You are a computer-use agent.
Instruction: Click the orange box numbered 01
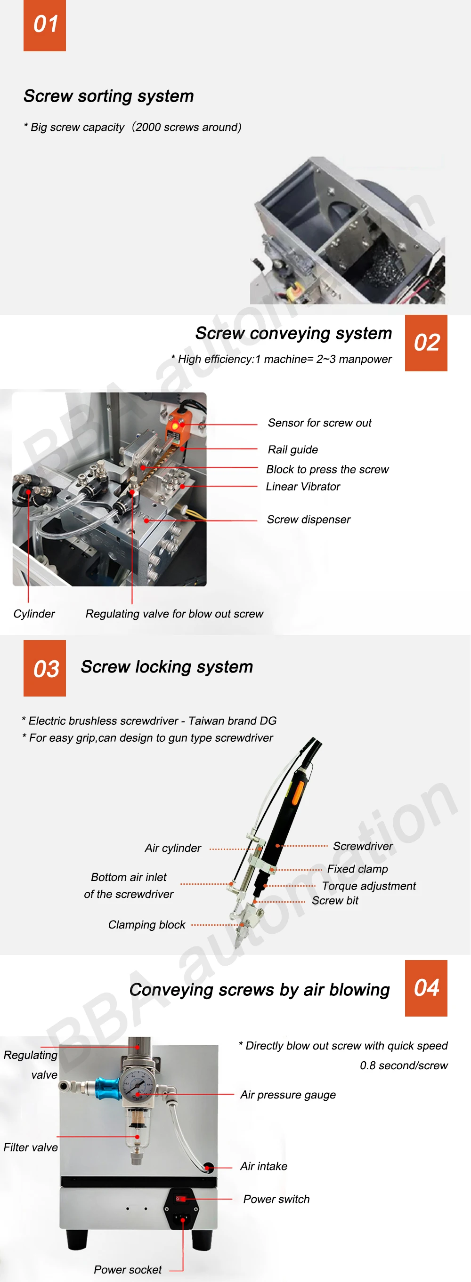44,25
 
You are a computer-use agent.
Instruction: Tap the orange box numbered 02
426,343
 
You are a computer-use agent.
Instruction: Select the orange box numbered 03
44,668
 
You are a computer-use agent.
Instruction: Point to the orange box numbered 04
426,988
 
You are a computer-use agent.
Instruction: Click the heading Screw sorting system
108,96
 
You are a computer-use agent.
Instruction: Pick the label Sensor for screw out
319,423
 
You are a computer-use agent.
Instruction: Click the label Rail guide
293,450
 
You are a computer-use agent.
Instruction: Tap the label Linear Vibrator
303,487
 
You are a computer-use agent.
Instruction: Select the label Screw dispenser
308,520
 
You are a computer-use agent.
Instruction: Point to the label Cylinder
34,614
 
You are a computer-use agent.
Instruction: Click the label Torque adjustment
368,886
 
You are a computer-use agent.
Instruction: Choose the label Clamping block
146,925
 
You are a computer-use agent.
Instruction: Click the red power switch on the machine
181,1199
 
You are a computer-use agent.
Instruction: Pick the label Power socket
128,1270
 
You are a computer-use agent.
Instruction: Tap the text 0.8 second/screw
403,1066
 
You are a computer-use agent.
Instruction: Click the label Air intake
263,1166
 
